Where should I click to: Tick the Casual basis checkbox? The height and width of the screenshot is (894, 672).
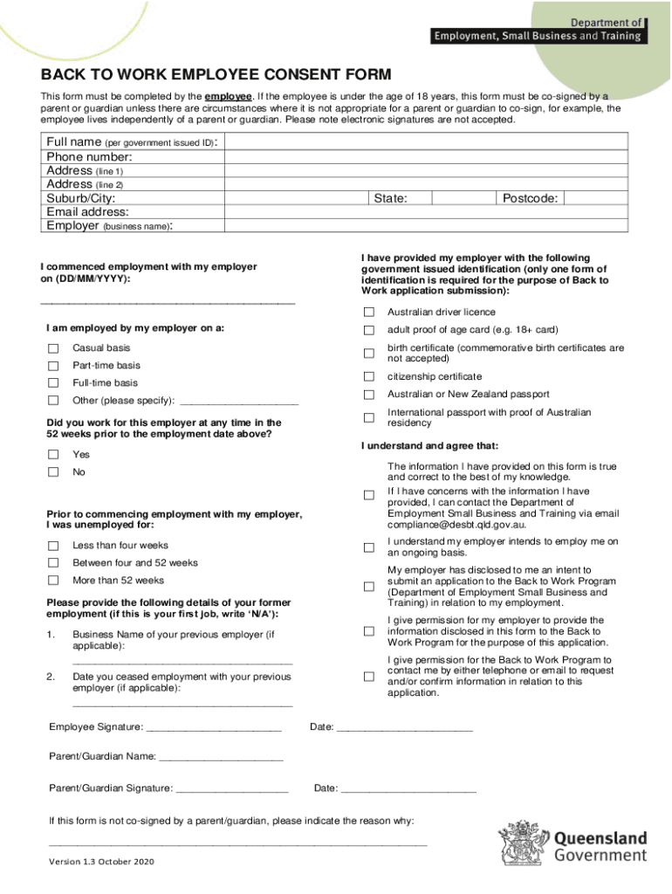click(53, 348)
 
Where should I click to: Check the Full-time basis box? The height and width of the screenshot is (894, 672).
click(53, 383)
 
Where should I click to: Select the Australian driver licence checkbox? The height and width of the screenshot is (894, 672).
click(368, 313)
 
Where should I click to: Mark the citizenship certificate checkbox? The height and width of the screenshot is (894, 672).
click(368, 377)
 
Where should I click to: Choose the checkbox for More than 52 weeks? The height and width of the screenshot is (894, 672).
click(53, 581)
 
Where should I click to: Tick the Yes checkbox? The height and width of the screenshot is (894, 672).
click(53, 455)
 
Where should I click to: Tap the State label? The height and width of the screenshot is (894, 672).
click(390, 199)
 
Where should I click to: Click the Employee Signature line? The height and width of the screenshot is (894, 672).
click(213, 728)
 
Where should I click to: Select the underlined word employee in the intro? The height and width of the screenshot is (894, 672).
click(230, 96)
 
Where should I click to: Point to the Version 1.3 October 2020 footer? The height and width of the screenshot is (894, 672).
click(101, 863)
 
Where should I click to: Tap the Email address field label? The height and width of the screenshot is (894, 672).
click(87, 212)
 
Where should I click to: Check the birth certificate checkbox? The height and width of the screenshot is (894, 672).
click(368, 353)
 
